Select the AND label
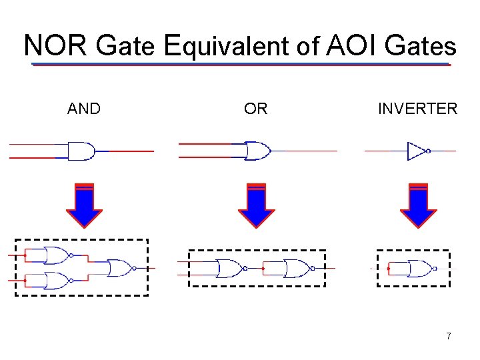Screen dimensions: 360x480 [84, 109]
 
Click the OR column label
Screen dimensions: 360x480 [256, 109]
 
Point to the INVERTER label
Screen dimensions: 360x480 [417, 109]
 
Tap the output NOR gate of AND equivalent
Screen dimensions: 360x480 [120, 268]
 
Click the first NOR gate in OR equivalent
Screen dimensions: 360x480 [229, 268]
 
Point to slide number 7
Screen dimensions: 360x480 [449, 336]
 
